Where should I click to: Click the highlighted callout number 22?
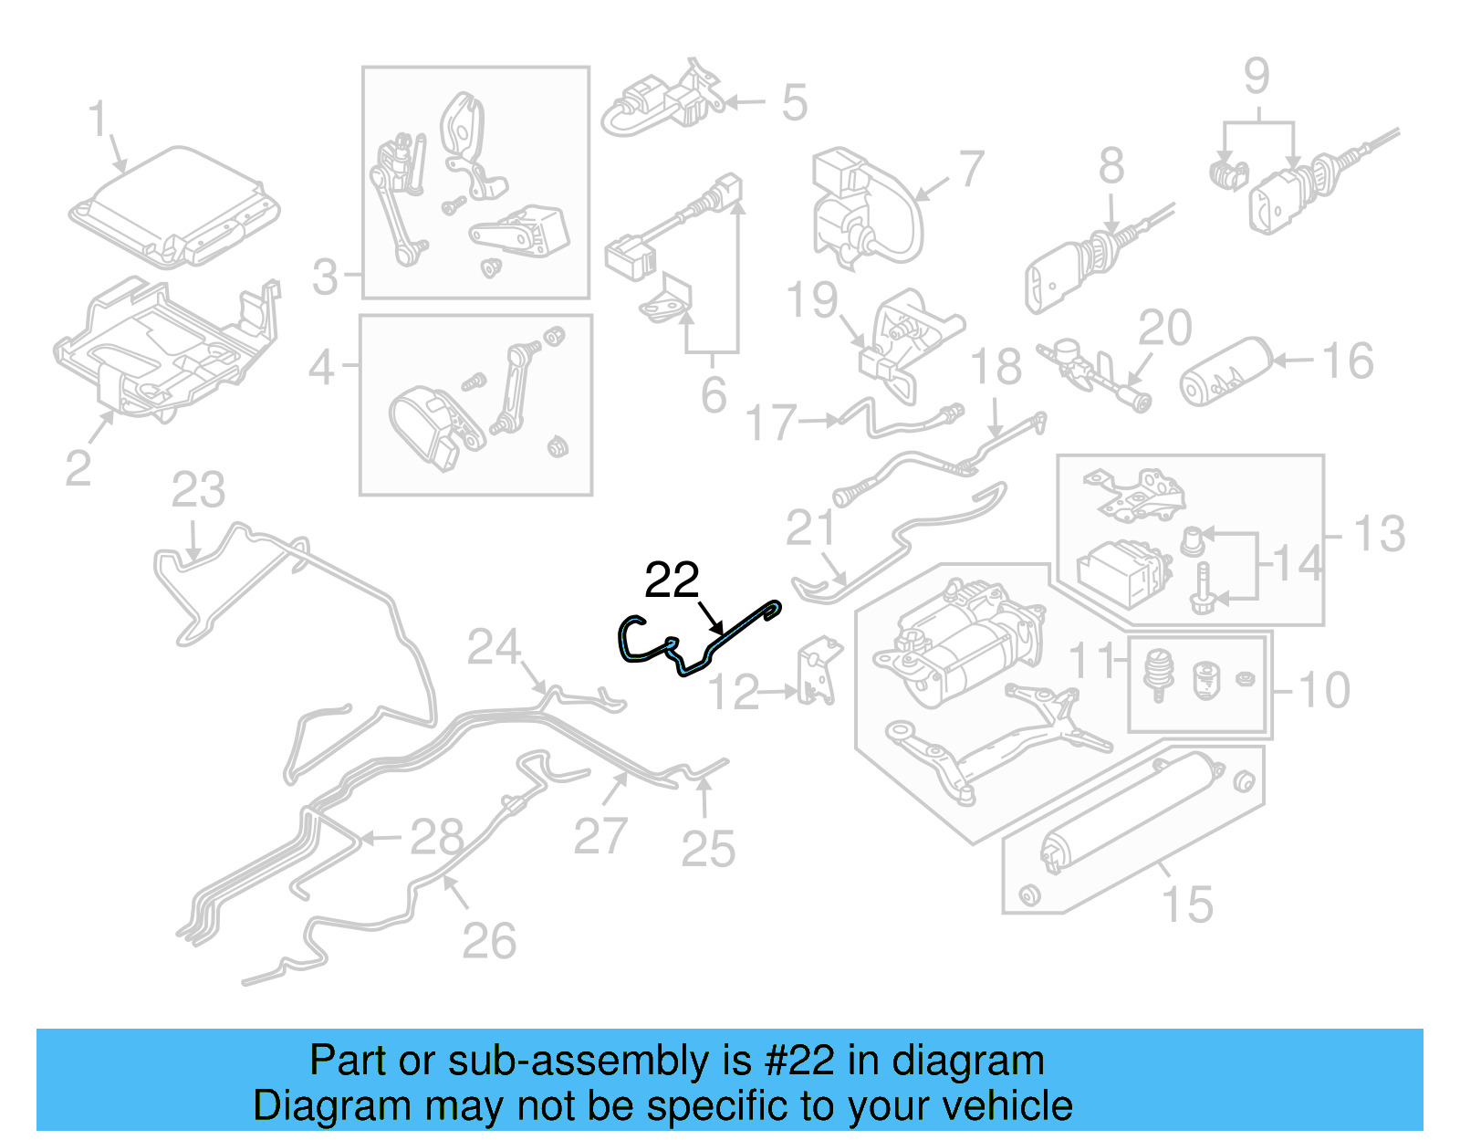tap(672, 580)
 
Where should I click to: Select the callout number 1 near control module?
tap(98, 120)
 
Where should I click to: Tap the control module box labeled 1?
tap(173, 207)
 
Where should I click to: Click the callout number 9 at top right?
tap(1257, 77)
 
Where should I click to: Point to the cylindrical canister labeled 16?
tap(1225, 371)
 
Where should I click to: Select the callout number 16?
tap(1348, 361)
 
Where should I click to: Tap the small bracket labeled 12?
tap(818, 674)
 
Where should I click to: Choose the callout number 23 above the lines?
tap(198, 491)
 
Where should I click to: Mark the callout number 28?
tap(436, 837)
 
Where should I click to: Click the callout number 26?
tap(489, 942)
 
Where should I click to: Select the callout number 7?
tap(972, 170)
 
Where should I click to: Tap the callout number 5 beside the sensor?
tap(794, 102)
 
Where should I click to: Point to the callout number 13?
tap(1379, 534)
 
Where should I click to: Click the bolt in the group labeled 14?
tap(1203, 584)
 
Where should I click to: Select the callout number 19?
tap(811, 299)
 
